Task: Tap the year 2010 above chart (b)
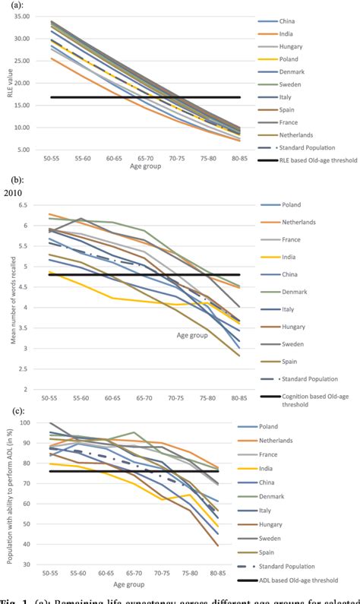(x=13, y=193)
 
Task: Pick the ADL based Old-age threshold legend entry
(x=308, y=582)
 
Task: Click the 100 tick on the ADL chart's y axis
(x=27, y=423)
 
